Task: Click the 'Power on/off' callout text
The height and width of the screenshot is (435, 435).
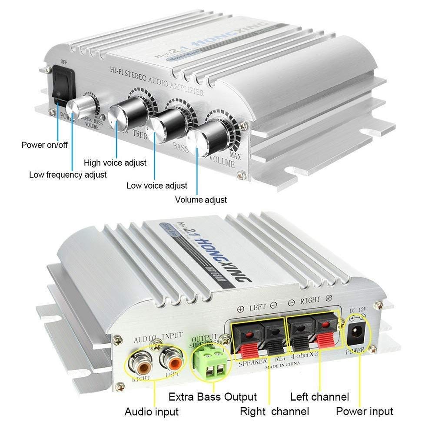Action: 45,145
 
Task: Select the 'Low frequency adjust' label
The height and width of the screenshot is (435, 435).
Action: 68,175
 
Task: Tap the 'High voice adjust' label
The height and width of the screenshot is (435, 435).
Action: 115,163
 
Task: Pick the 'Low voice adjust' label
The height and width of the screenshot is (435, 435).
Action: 157,186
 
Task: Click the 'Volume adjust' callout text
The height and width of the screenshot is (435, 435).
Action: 201,200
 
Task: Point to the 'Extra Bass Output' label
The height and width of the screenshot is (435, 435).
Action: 213,397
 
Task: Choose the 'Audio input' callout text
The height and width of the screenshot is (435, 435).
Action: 152,411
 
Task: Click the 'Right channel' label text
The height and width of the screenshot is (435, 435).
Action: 274,411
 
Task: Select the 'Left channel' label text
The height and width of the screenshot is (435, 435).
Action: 319,396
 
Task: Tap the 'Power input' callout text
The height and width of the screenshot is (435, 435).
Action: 365,411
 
